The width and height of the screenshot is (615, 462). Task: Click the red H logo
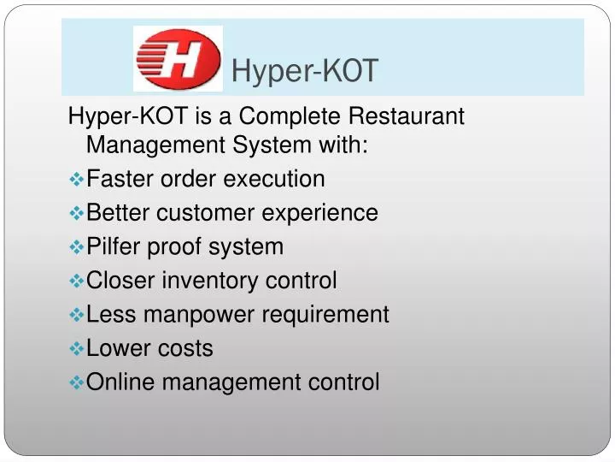click(x=178, y=58)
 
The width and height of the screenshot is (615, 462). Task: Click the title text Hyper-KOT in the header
click(x=304, y=72)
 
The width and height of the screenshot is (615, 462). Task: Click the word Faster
click(x=120, y=179)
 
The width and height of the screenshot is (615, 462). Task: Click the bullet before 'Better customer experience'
click(x=76, y=213)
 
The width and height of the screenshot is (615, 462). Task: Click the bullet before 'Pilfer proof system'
click(x=76, y=247)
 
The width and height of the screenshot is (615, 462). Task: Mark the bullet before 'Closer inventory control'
click(x=76, y=281)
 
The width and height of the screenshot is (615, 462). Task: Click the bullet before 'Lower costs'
click(x=76, y=348)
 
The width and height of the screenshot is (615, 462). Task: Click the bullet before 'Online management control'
click(x=76, y=382)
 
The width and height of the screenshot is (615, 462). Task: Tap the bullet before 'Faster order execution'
click(x=76, y=179)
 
